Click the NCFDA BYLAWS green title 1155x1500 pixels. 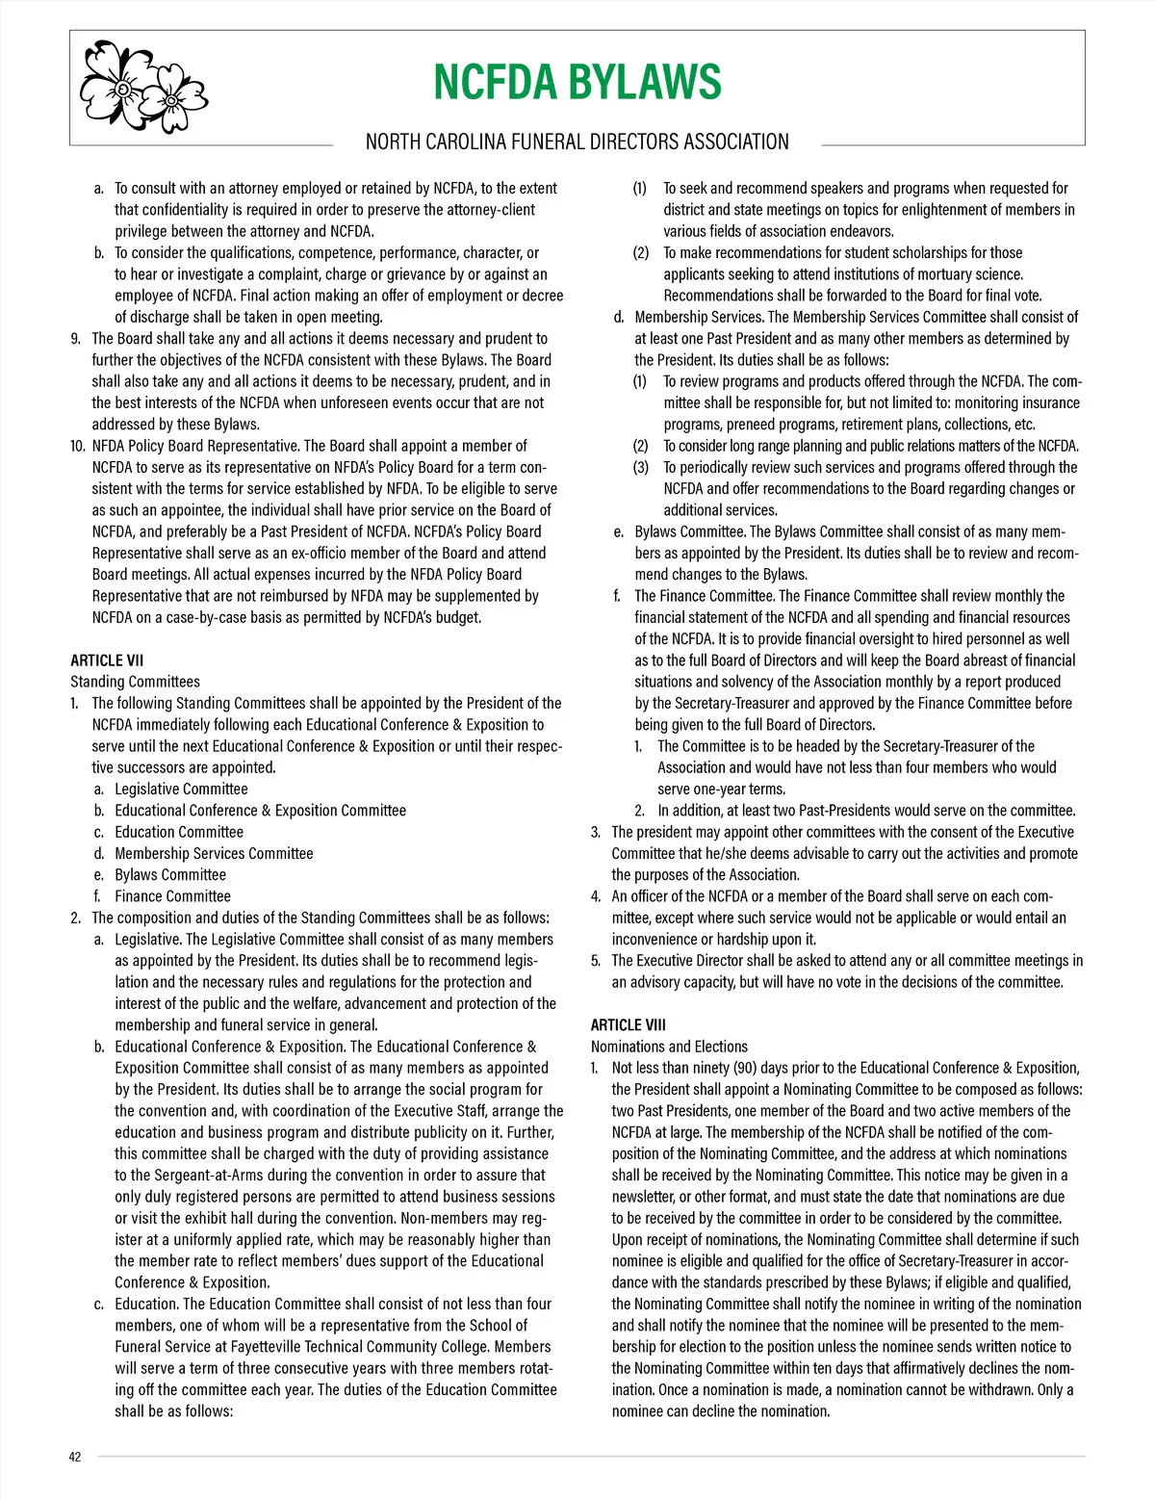(577, 82)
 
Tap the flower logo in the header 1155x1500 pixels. (143, 86)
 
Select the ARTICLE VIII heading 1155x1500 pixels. (629, 1024)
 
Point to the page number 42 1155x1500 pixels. (75, 1457)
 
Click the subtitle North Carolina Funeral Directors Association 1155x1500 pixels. (577, 142)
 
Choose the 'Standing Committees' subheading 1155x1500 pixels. (136, 682)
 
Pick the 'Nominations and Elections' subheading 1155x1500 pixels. (669, 1047)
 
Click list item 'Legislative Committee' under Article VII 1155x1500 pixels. (181, 789)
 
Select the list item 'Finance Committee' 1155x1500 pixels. (172, 896)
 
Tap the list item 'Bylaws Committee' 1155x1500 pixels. (170, 875)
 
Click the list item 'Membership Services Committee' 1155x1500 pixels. (214, 854)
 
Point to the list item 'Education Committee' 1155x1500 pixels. (179, 832)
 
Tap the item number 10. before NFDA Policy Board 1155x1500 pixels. (78, 446)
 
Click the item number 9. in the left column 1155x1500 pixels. (75, 339)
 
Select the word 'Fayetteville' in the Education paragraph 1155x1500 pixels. (216, 1347)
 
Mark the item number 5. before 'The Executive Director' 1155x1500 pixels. (596, 961)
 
